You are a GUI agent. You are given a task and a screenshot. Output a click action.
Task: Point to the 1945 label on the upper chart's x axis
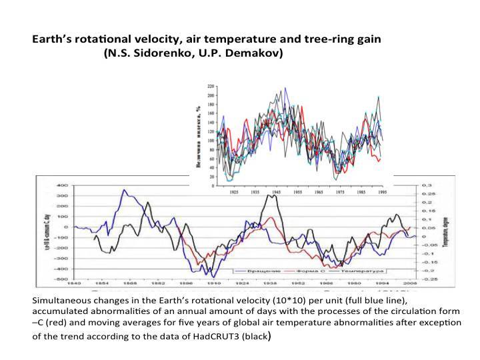pyautogui.click(x=275, y=191)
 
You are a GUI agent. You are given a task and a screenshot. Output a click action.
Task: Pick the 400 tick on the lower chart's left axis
pyautogui.click(x=62, y=185)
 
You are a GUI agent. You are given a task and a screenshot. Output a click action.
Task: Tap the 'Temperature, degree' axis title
pyautogui.click(x=443, y=230)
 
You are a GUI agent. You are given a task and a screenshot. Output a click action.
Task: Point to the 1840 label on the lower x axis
pyautogui.click(x=75, y=283)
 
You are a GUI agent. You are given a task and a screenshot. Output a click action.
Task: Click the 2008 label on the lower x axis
pyautogui.click(x=413, y=283)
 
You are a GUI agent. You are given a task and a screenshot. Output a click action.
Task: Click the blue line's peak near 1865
pyautogui.click(x=124, y=190)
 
